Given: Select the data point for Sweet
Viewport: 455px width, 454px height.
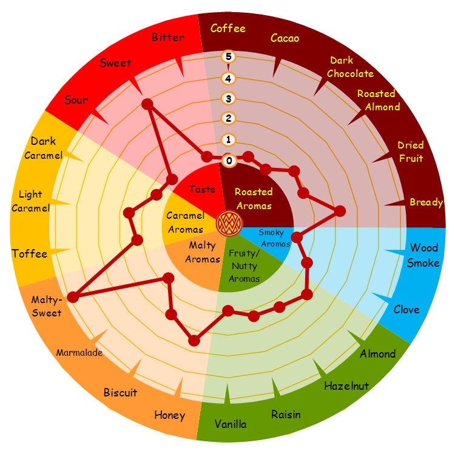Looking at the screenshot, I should (x=147, y=105).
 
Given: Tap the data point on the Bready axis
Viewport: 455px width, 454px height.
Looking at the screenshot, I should (x=340, y=211).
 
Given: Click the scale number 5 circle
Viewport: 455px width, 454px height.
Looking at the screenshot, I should (x=229, y=57).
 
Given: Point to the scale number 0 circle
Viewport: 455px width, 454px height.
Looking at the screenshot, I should (x=229, y=161).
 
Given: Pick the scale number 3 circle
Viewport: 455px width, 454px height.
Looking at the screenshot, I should (x=229, y=98).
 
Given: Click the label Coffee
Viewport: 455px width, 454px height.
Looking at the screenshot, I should (x=228, y=28).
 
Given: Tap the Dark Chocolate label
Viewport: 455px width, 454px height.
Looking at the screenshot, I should (x=350, y=67).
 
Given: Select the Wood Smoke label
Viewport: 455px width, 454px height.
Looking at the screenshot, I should (x=424, y=255).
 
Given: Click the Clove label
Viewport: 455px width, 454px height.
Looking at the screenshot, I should (x=406, y=309).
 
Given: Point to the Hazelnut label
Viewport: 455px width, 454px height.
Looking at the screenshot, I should (x=346, y=386).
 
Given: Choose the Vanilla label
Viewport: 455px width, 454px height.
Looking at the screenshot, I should (x=231, y=424).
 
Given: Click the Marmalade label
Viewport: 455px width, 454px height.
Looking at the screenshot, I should (x=79, y=352).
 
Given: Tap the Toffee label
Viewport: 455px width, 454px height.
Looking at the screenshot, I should (x=29, y=253).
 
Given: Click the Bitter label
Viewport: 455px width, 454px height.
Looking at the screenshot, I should (x=168, y=38).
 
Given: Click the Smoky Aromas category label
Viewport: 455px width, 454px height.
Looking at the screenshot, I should (x=271, y=237).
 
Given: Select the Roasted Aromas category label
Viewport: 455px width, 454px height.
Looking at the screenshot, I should (x=254, y=198).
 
